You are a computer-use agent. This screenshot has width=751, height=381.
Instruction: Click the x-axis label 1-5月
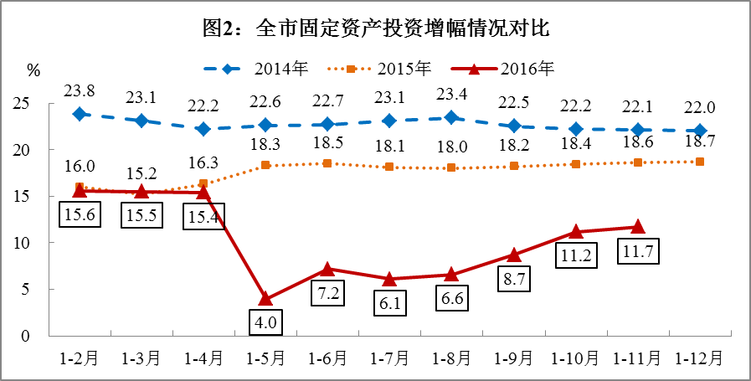265,358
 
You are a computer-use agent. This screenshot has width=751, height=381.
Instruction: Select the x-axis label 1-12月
700,358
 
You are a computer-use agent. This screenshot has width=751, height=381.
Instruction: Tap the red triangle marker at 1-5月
265,298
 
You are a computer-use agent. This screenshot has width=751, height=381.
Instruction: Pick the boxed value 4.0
265,322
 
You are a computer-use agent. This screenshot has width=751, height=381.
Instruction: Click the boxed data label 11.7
637,251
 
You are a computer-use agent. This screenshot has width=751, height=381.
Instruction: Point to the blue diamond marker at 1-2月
80,114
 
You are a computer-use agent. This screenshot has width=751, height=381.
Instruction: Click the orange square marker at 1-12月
700,162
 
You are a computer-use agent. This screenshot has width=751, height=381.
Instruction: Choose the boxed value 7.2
328,293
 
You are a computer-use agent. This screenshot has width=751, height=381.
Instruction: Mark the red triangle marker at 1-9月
513,255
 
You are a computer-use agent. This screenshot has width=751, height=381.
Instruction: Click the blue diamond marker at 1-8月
451,118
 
